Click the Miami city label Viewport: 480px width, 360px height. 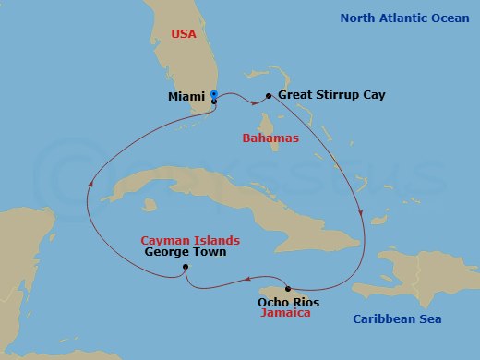tap(186, 95)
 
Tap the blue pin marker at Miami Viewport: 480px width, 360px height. tap(214, 94)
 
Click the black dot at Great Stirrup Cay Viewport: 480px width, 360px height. tap(269, 95)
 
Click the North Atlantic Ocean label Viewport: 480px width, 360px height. tap(403, 18)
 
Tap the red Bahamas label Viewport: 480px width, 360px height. tap(270, 138)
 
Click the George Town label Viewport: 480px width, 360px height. tap(185, 251)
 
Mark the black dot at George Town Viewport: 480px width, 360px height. tap(186, 268)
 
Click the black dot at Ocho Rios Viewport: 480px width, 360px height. tap(287, 289)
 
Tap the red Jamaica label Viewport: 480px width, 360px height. tap(284, 313)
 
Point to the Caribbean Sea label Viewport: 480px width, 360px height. tap(402, 319)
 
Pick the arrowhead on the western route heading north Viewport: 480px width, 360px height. tap(90, 184)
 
